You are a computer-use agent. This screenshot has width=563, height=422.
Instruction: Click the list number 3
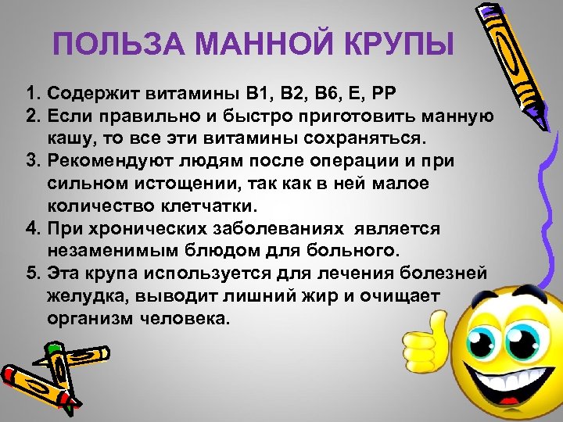[32, 161]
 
